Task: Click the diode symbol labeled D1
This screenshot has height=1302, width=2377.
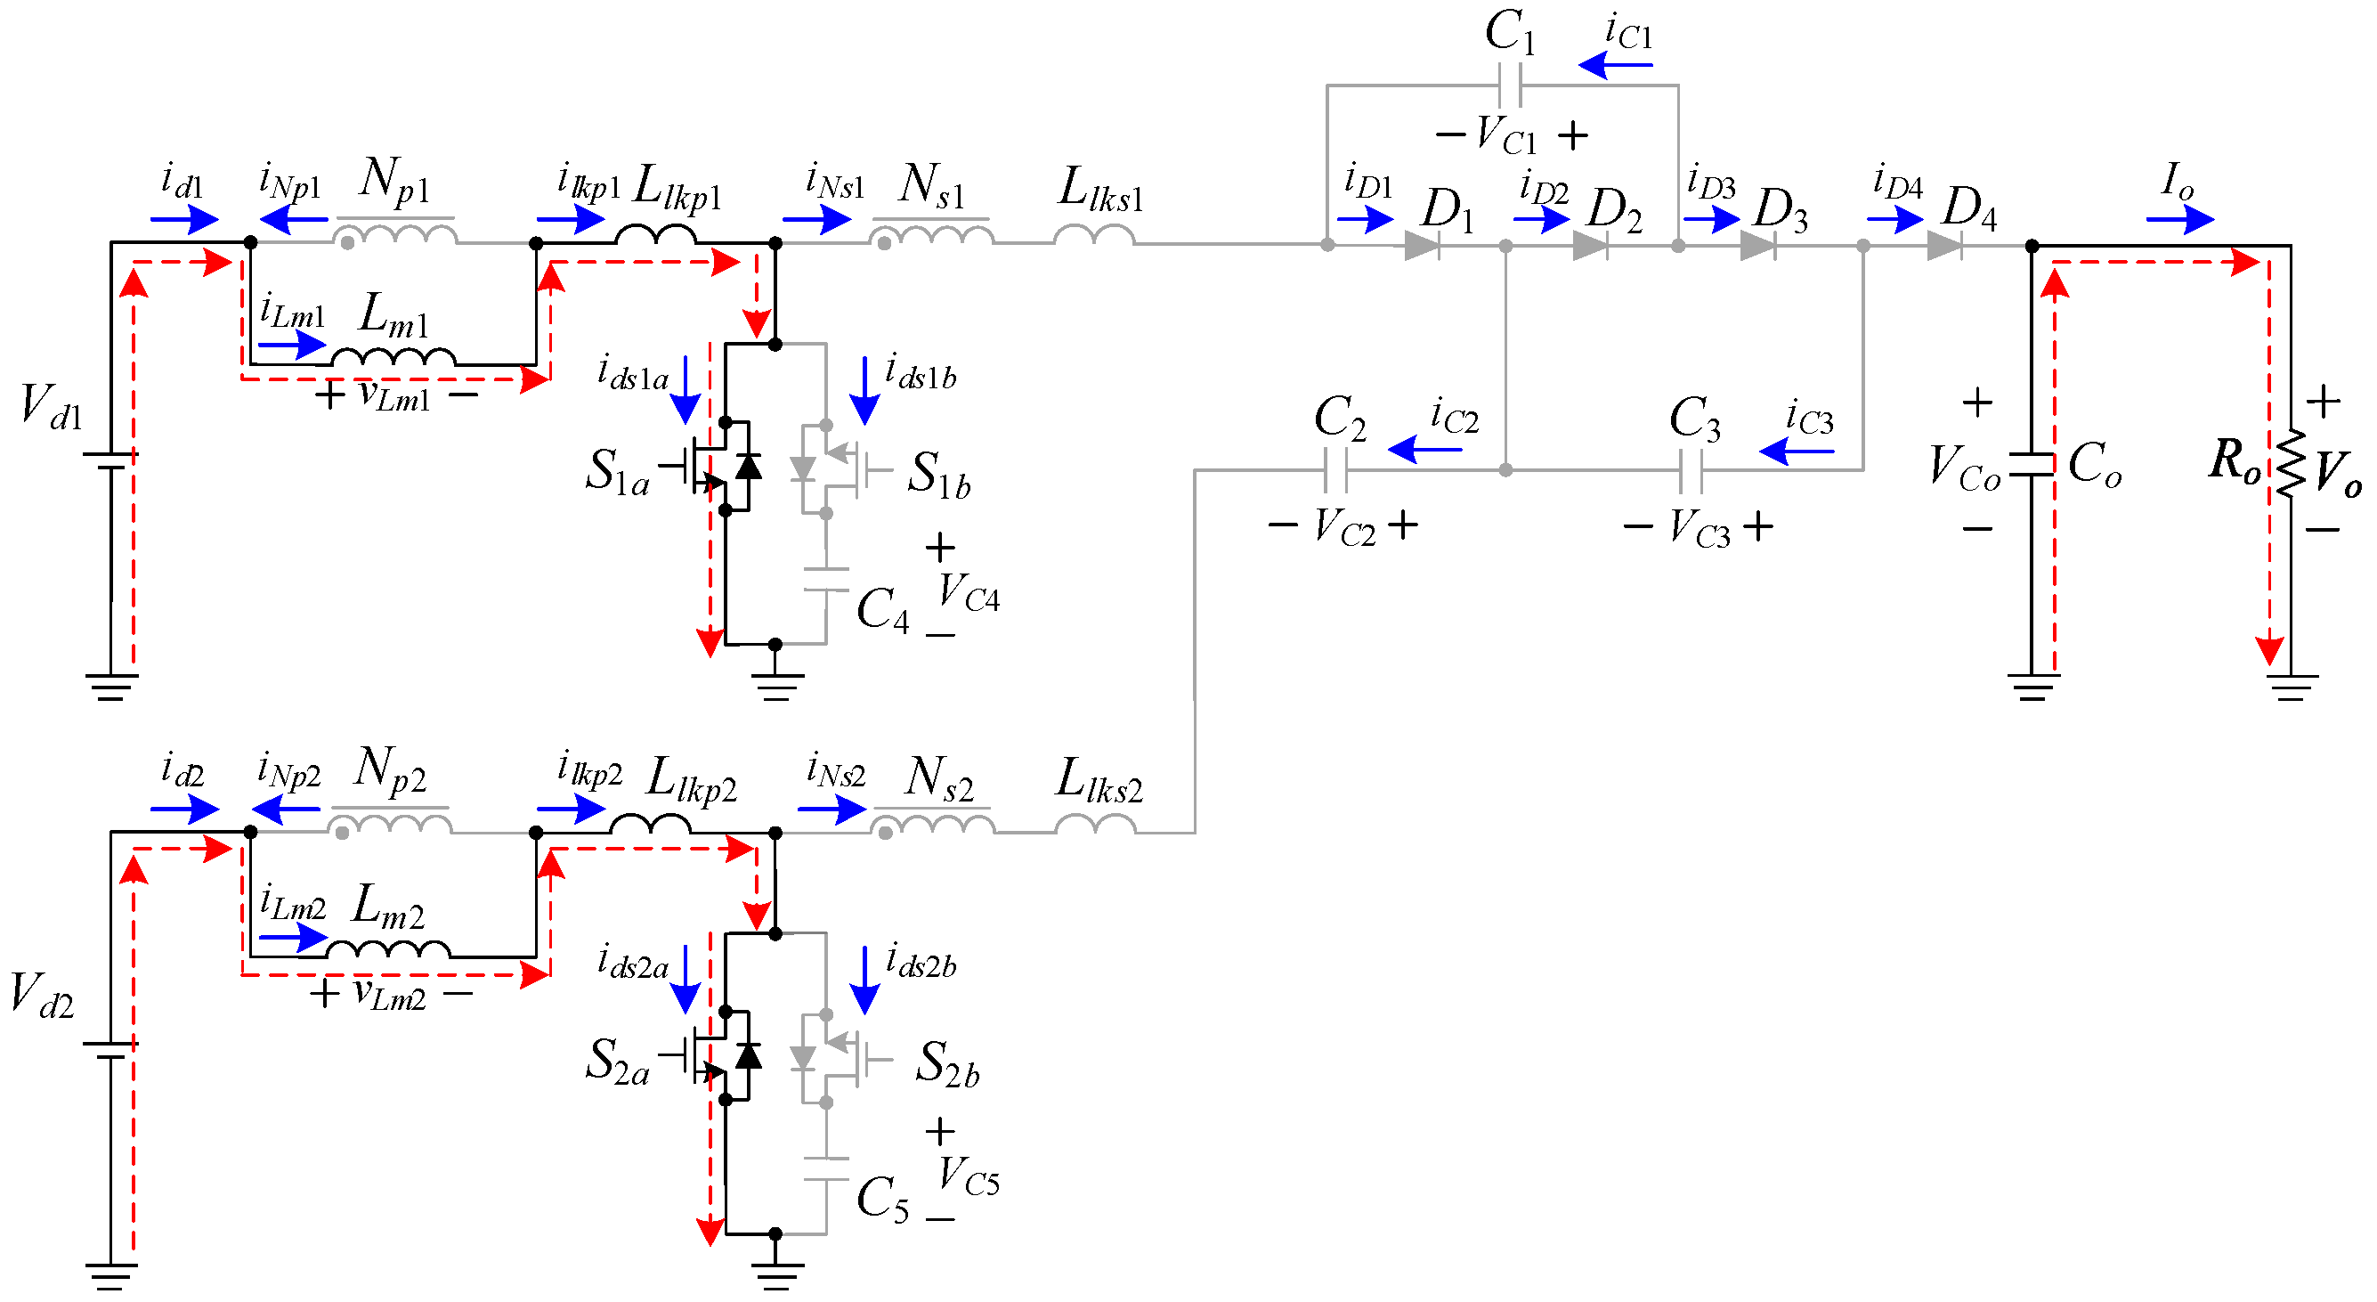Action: click(1422, 246)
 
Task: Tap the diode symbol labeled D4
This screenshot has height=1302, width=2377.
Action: click(1944, 246)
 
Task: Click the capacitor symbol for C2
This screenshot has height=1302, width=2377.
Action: click(1335, 470)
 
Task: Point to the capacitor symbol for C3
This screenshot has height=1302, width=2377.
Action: click(1691, 470)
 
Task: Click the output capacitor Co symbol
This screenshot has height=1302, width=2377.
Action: click(2032, 465)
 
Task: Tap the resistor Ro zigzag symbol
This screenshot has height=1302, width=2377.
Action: click(2291, 464)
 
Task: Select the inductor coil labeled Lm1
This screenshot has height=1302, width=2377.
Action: click(394, 358)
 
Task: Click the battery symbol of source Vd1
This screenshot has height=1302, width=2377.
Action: click(110, 460)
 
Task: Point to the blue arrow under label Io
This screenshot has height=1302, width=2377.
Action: click(2179, 220)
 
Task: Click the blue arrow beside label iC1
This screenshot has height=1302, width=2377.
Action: click(1615, 66)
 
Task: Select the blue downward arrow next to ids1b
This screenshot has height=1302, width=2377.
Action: click(864, 391)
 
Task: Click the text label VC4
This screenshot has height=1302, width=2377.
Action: click(969, 593)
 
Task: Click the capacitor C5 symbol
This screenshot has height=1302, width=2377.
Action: click(826, 1169)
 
